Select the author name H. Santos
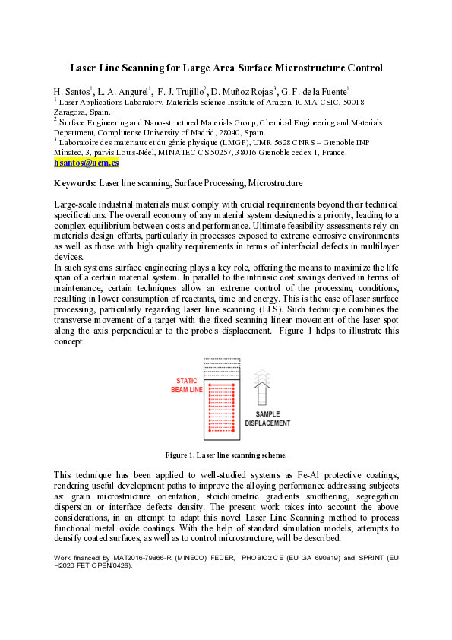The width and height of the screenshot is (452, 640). [x=71, y=91]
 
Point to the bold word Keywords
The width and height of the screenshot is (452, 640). [x=74, y=183]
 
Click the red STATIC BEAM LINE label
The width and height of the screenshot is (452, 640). [x=188, y=385]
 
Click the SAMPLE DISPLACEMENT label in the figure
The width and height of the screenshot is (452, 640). [x=267, y=418]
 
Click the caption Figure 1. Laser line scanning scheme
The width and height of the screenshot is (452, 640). [x=226, y=455]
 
